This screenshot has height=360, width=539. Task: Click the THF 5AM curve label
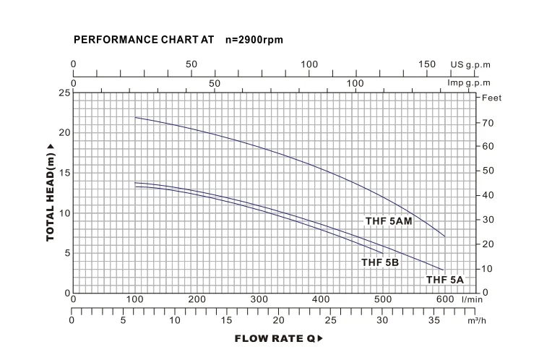click(x=388, y=221)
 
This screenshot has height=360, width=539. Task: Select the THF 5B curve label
click(x=380, y=262)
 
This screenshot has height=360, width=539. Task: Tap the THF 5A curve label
click(x=444, y=280)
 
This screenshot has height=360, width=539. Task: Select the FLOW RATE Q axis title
click(x=277, y=338)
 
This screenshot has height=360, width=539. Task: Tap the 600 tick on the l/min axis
click(x=444, y=299)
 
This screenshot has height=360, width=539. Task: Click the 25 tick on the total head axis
click(x=65, y=93)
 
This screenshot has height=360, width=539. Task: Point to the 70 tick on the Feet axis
click(x=487, y=123)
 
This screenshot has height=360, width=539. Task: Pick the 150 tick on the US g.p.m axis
click(x=427, y=64)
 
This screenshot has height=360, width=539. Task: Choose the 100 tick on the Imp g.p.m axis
click(x=355, y=83)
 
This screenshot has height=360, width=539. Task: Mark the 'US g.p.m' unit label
click(x=470, y=64)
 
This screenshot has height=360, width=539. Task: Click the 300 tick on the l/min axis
click(x=258, y=299)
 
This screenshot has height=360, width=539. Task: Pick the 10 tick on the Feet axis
click(x=487, y=269)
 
